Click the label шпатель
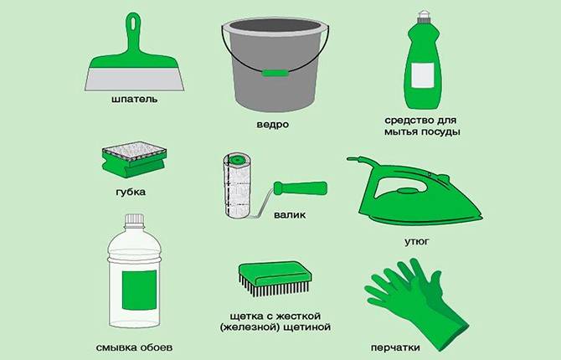[x=134, y=99]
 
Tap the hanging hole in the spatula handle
[x=133, y=23]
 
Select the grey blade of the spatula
[x=135, y=79]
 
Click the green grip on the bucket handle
[x=275, y=73]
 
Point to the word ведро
[x=273, y=125]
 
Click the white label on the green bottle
[x=423, y=75]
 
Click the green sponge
[x=134, y=159]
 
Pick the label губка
[x=131, y=192]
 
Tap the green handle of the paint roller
[x=301, y=188]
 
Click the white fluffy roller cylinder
[x=237, y=185]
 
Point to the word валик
[x=290, y=215]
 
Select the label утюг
[x=417, y=242]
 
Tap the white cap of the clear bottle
[x=134, y=219]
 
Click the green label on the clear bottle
[x=139, y=291]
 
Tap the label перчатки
[x=395, y=347]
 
